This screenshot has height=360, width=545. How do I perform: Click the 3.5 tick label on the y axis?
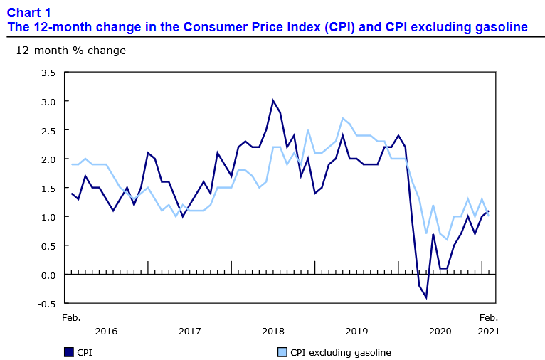pos(48,73)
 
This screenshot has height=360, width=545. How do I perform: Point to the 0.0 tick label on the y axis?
pos(48,275)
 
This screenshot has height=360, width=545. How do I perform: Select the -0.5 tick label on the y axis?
pos(46,304)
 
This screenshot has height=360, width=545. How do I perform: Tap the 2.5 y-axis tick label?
pos(48,130)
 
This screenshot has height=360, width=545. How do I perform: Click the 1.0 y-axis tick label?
pos(48,217)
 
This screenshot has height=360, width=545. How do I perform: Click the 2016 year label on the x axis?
pos(106,331)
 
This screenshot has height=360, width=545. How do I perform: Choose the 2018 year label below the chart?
pos(273,331)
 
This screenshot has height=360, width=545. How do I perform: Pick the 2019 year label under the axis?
pos(357,331)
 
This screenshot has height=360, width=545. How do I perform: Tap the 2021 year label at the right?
pos(488,331)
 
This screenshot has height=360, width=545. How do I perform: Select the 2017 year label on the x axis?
pos(190,331)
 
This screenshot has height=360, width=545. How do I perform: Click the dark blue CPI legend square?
pos(69,351)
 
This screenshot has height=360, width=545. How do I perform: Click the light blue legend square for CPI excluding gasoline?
pos(281,351)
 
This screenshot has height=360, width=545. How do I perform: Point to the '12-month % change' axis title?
pos(70,51)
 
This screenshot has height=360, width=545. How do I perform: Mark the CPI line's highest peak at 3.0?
pos(273,100)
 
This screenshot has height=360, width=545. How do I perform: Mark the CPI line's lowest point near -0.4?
pos(426,297)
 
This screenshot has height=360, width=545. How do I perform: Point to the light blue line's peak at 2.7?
pos(343,118)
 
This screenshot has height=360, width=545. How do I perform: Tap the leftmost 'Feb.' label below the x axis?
pos(71,317)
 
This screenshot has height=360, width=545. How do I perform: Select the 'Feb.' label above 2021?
pos(488,317)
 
